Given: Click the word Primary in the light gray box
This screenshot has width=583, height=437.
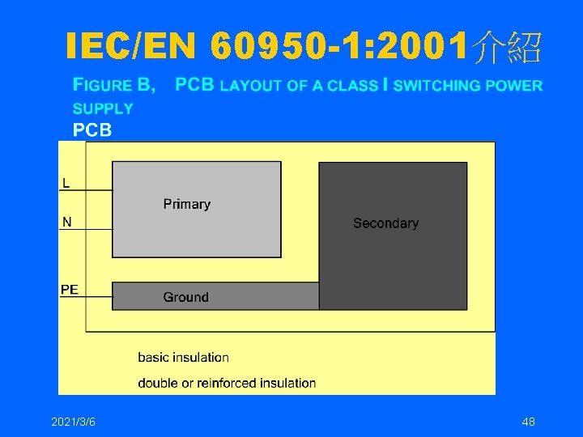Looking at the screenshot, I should (186, 204).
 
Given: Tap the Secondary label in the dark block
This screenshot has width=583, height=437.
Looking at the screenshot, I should (385, 223).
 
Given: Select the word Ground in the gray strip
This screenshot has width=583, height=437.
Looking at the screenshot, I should (185, 297).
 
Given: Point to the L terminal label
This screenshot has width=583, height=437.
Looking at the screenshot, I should (66, 183).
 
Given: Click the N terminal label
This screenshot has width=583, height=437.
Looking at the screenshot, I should (66, 222).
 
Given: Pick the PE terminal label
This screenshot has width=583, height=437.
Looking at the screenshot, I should (70, 290).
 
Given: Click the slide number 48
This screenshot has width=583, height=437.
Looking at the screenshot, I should (529, 422).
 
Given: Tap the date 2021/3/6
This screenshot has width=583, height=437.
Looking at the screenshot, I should (73, 422).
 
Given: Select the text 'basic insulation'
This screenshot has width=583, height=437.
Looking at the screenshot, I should (183, 357).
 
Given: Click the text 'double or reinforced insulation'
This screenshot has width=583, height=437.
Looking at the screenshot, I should (227, 383).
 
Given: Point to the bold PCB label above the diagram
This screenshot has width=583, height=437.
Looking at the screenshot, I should (92, 129).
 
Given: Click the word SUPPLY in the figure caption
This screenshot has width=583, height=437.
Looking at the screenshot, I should (103, 108).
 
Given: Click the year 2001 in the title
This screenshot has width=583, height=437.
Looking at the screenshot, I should (426, 48).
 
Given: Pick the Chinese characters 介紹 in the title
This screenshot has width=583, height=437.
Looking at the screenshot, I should (508, 48).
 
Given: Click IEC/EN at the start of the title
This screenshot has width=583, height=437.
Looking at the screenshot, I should (132, 48).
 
